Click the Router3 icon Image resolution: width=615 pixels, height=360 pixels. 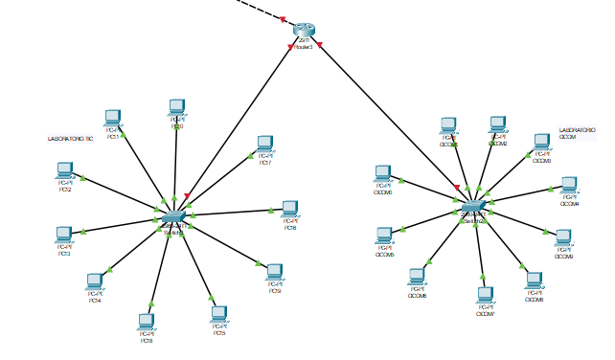click(305, 30)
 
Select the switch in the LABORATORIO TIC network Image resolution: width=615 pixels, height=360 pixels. click(173, 216)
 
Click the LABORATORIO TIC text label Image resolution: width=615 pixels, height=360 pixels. click(70, 139)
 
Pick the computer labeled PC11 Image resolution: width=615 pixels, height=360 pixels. click(112, 119)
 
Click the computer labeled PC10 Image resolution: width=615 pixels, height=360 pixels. click(177, 107)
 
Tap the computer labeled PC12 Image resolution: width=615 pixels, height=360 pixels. click(65, 170)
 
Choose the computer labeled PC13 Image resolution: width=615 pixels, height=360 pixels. click(64, 235)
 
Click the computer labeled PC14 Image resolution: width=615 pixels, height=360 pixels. click(95, 281)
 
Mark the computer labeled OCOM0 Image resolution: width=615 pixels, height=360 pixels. click(383, 173)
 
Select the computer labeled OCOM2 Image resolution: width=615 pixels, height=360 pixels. click(497, 125)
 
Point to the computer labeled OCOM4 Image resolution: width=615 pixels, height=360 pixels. click(569, 185)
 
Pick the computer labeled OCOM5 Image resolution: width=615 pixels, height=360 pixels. click(384, 236)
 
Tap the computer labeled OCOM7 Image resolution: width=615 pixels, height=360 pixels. click(486, 295)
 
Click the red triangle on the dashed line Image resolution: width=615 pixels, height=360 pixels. click(285, 18)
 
